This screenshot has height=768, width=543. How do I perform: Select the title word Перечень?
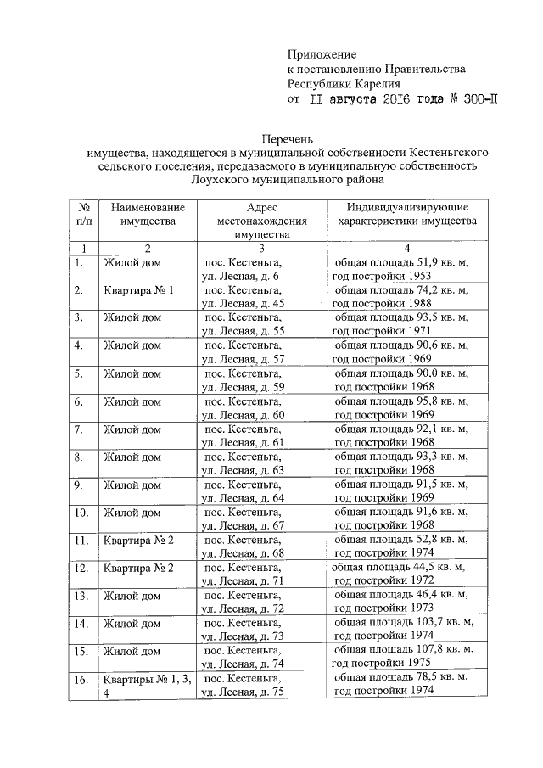click(288, 137)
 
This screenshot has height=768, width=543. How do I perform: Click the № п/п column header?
click(84, 214)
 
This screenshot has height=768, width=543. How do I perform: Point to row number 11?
click(82, 540)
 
